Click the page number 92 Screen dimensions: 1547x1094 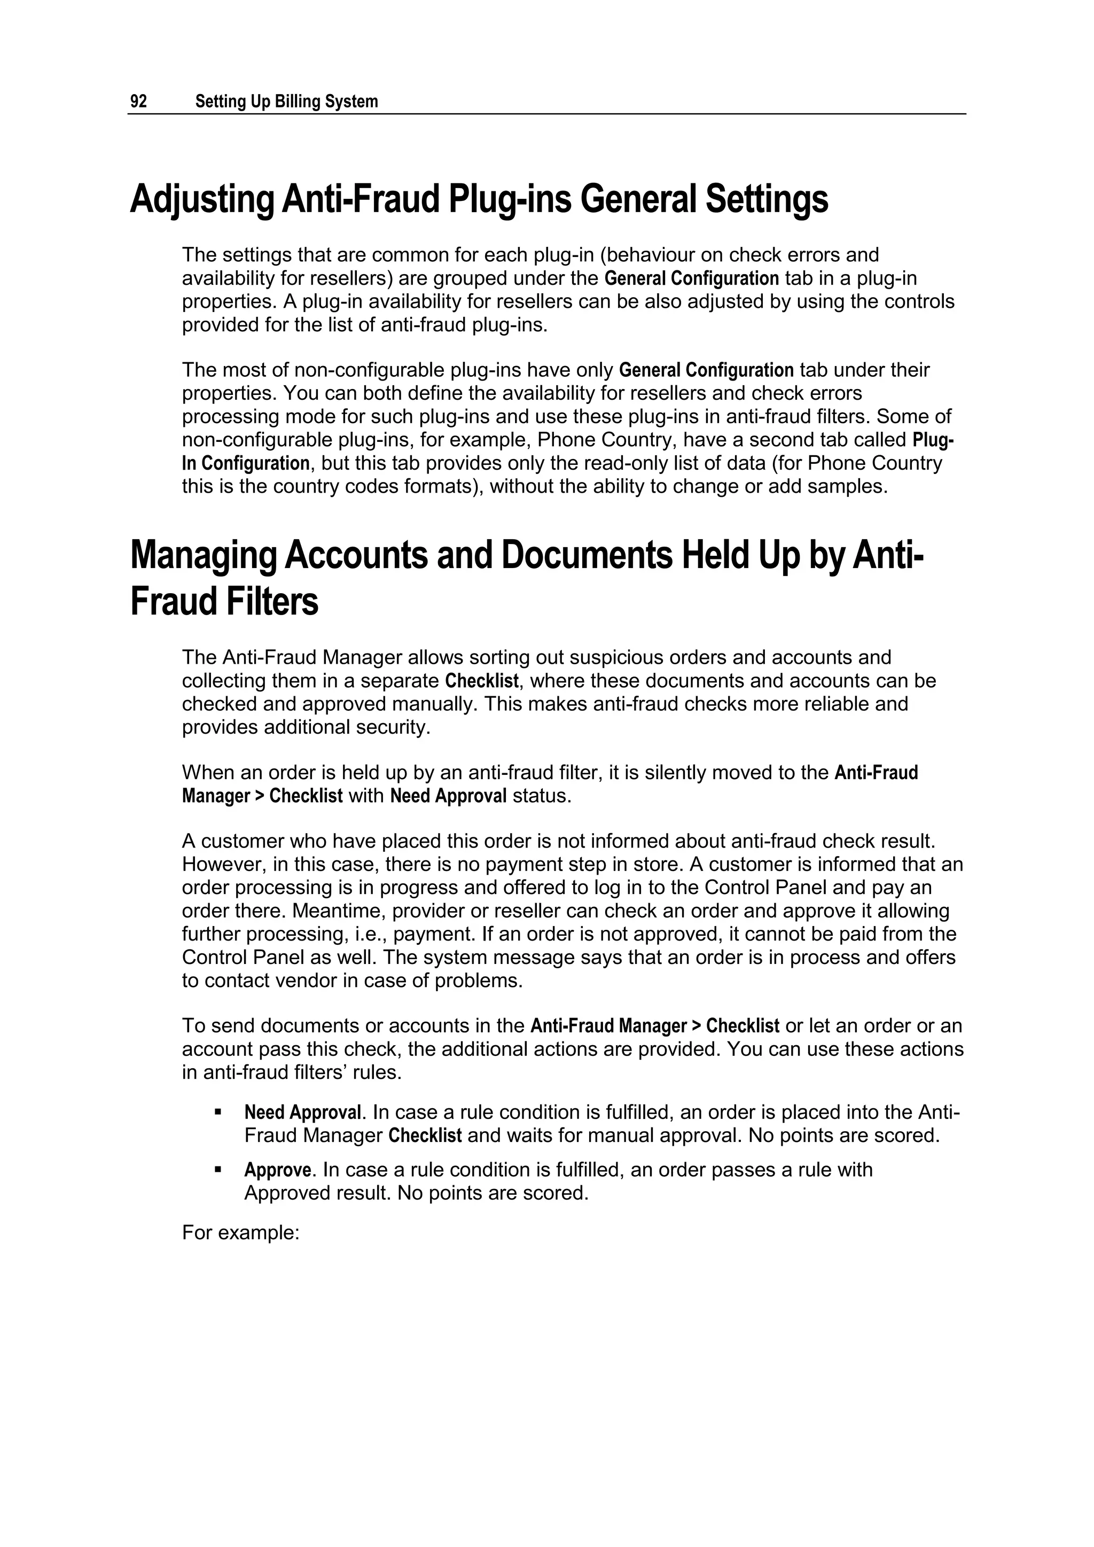click(138, 102)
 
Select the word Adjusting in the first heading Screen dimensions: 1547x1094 click(201, 199)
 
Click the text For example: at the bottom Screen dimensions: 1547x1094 click(240, 1232)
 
